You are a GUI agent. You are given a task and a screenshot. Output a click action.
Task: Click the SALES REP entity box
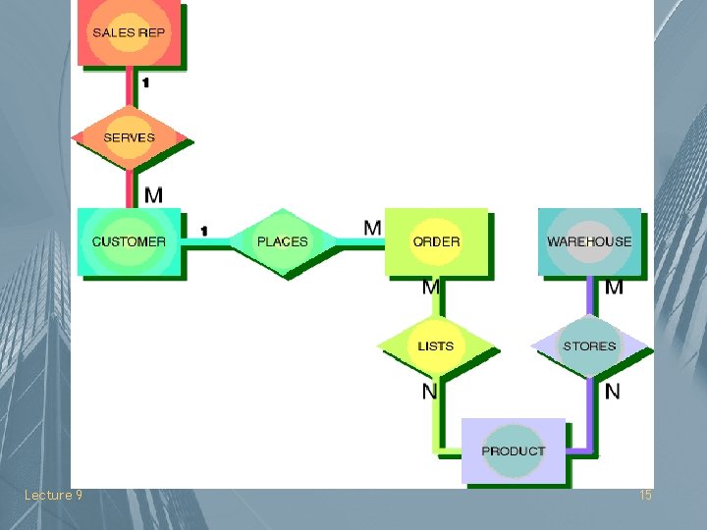[129, 33]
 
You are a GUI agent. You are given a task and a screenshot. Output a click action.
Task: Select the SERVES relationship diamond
[129, 137]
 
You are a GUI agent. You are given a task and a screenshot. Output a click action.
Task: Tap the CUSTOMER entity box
[129, 241]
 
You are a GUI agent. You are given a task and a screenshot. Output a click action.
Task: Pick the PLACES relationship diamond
[282, 241]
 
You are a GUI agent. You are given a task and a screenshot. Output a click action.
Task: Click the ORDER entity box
[436, 241]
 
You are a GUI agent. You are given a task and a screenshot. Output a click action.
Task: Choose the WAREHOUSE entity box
[589, 241]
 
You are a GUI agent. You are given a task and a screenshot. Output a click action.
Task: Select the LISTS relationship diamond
[436, 345]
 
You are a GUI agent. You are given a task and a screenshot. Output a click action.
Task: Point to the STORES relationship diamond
[589, 345]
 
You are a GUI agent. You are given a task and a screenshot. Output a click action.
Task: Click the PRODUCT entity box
[514, 450]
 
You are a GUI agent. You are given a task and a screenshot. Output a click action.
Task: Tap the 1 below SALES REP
[145, 83]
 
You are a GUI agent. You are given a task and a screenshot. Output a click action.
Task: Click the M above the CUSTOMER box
[154, 195]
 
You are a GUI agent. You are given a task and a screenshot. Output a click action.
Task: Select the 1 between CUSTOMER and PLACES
[204, 231]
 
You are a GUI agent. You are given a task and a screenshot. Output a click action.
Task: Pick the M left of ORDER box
[372, 228]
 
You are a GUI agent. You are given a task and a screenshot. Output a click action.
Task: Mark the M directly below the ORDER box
[430, 288]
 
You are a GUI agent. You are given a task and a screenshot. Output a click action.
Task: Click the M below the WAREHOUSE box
[614, 288]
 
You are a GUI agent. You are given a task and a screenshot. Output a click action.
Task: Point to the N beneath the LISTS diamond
[429, 392]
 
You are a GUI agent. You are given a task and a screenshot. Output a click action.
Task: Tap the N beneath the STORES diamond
[613, 392]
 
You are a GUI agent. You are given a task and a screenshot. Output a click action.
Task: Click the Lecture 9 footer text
[53, 496]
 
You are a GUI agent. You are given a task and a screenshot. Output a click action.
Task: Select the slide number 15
[645, 496]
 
